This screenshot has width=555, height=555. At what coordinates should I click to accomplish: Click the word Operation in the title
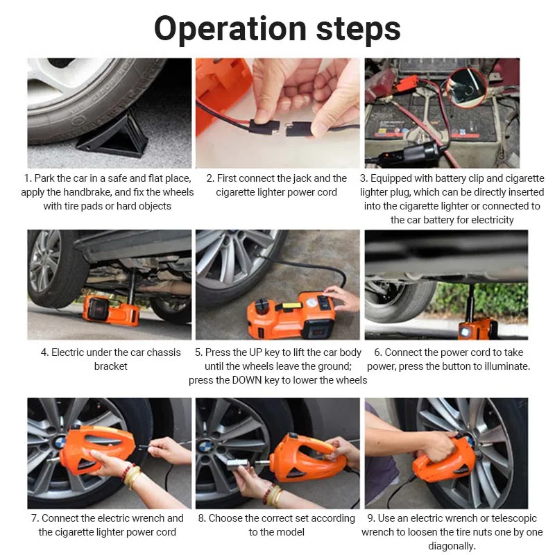[x=230, y=29]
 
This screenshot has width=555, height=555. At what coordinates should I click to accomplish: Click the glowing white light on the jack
[x=464, y=332]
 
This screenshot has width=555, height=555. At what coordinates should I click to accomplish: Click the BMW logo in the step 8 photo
[x=205, y=447]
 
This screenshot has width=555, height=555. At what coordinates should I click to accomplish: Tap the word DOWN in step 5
[x=247, y=380]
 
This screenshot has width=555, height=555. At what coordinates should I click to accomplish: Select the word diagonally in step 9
[x=452, y=546]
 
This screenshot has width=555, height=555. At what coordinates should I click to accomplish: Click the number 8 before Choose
[x=201, y=518]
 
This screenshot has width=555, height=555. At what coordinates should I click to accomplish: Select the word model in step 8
[x=291, y=532]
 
